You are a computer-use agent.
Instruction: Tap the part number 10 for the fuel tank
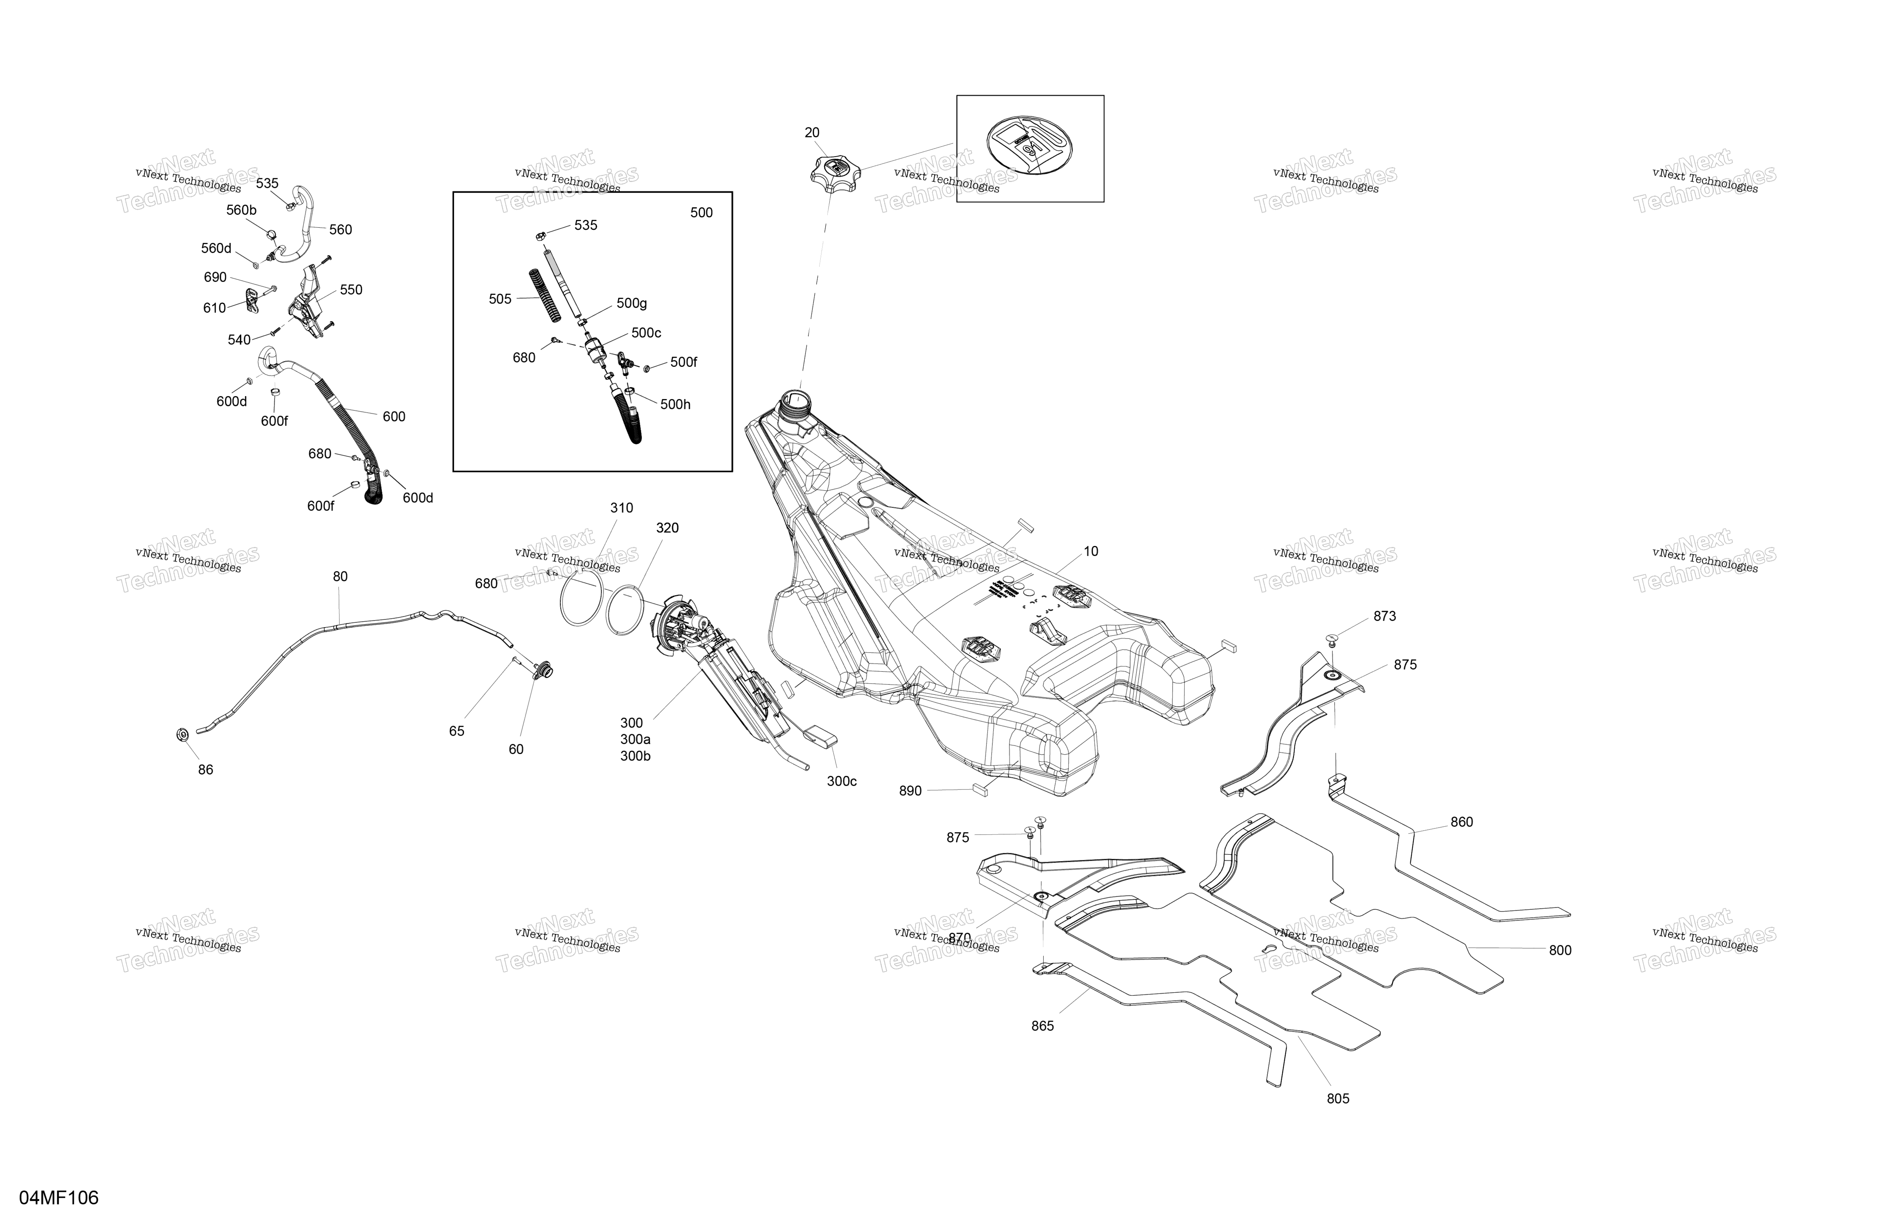coord(1091,551)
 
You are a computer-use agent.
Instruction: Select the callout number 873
coord(1384,616)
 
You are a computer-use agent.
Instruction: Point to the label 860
coord(1461,822)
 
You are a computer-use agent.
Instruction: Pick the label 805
coord(1338,1098)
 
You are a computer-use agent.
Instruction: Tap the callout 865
coord(1043,1026)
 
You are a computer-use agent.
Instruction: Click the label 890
coord(910,791)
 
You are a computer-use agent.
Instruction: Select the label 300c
coord(841,781)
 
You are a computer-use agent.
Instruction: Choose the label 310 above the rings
coord(621,508)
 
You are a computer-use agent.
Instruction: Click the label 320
coord(667,528)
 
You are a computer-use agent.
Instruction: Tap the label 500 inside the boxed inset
coord(701,213)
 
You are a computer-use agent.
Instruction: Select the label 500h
coord(675,405)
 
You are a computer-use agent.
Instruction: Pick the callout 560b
coord(241,210)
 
